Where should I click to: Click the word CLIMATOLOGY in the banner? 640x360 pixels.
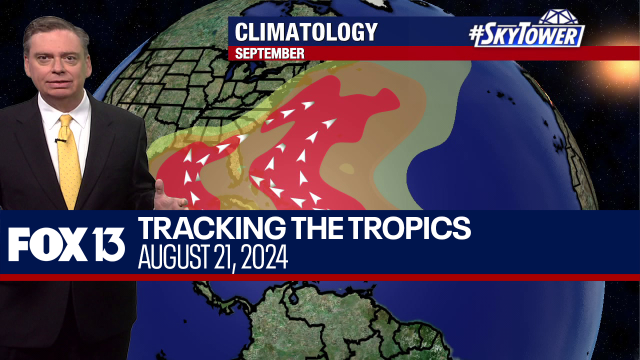coord(306,32)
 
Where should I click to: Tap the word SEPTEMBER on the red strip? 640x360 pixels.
coord(269,53)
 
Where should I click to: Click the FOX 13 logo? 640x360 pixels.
coord(66,244)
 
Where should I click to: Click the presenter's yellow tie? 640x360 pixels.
coord(69,160)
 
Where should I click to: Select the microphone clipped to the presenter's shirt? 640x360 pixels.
coord(61,140)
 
